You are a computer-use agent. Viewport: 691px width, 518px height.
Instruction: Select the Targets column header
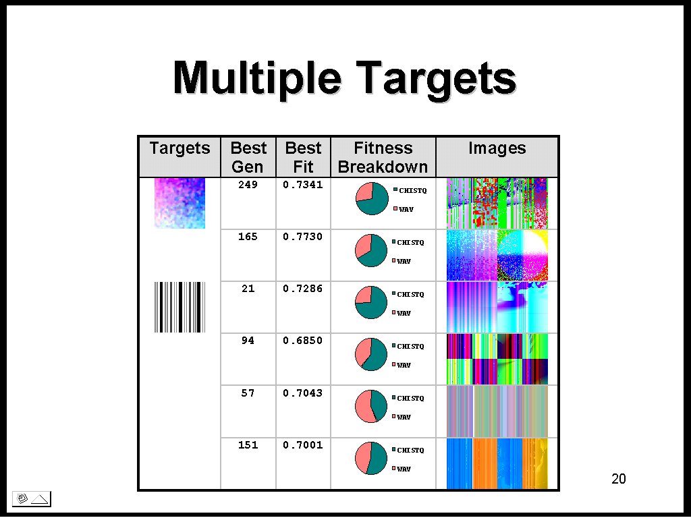(179, 148)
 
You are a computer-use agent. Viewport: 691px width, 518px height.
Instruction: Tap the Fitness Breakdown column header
(383, 157)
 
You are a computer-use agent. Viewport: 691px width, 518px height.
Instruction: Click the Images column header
(497, 148)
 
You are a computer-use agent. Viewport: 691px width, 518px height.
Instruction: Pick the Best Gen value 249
(248, 185)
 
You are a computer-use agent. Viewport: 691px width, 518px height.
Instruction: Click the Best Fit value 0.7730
(303, 237)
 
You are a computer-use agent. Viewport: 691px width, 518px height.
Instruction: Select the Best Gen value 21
(248, 289)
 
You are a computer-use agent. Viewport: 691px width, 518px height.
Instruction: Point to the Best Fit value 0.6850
(303, 341)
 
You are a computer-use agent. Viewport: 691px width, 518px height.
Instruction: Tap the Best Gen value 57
(248, 393)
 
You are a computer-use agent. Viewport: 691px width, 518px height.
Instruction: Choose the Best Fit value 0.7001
(303, 445)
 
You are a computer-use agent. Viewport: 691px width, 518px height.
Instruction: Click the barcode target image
(179, 307)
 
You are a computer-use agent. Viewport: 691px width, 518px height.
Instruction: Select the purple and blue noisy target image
(179, 203)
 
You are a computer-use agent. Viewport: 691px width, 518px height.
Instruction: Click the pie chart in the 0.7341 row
(372, 199)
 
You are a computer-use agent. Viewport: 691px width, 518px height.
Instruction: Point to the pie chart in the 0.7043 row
(371, 406)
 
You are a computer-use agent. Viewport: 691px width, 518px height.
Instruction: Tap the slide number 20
(619, 479)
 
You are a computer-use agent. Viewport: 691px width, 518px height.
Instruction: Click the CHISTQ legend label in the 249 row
(412, 191)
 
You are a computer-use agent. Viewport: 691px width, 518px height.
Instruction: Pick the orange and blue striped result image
(497, 463)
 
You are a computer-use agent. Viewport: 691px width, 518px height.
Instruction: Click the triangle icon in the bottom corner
(40, 499)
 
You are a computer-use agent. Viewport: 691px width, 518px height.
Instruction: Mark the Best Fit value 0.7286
(303, 289)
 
